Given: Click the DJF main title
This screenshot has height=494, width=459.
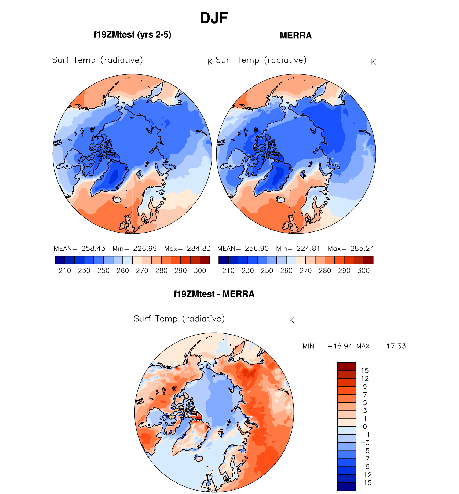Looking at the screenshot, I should (x=214, y=18).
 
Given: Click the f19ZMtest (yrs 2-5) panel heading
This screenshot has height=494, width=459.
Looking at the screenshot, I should (x=132, y=35).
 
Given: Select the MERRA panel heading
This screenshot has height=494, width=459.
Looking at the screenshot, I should (x=296, y=35).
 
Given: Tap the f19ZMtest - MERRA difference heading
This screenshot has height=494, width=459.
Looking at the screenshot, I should (x=214, y=294).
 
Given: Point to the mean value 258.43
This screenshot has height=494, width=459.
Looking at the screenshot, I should (x=93, y=249).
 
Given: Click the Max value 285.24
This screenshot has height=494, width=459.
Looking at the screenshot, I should (x=362, y=249).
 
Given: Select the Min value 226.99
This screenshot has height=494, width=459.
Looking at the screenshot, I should (x=145, y=249).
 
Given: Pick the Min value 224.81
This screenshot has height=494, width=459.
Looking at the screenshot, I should (x=308, y=249).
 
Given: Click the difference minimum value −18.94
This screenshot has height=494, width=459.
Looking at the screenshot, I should (x=340, y=346).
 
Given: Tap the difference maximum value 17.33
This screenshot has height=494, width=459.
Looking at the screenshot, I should (x=396, y=346).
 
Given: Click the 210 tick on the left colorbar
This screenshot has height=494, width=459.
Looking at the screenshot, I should (x=65, y=271).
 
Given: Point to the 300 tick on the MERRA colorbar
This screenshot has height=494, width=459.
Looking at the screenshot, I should (x=363, y=271).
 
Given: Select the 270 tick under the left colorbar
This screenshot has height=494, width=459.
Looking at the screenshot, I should (x=142, y=271).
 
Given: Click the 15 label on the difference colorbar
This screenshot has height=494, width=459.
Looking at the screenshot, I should (x=365, y=371).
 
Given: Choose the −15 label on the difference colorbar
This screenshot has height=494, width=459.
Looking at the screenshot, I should (x=365, y=483).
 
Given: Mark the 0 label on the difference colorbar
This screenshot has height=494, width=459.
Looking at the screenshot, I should (x=365, y=427).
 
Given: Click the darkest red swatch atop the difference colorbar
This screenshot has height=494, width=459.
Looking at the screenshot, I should (x=347, y=366).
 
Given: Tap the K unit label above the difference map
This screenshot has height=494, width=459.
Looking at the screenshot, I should (x=292, y=321).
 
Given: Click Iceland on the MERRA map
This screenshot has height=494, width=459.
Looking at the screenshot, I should (x=280, y=200).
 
